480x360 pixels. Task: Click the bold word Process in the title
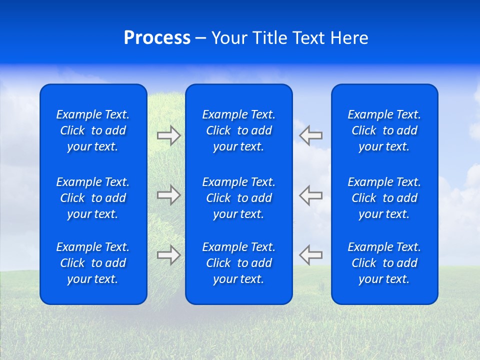pos(157,38)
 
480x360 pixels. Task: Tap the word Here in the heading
pos(349,38)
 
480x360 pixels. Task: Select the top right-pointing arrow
pos(168,135)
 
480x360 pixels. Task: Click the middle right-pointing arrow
pos(168,195)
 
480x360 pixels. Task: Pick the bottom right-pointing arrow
pos(168,255)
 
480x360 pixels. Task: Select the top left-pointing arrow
pos(310,135)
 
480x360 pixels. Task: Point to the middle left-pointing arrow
pos(310,195)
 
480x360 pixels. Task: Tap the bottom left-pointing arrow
pos(310,255)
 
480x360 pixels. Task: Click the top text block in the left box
pos(93,130)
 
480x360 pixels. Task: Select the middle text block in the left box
pos(93,198)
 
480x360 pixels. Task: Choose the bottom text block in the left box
pos(93,263)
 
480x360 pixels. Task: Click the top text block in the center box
pos(238,130)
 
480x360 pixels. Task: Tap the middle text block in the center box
pos(238,198)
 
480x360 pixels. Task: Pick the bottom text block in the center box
pos(238,263)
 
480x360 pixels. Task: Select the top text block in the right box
pos(384,130)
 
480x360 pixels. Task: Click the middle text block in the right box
pos(384,198)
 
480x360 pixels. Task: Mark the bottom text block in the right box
pos(384,263)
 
